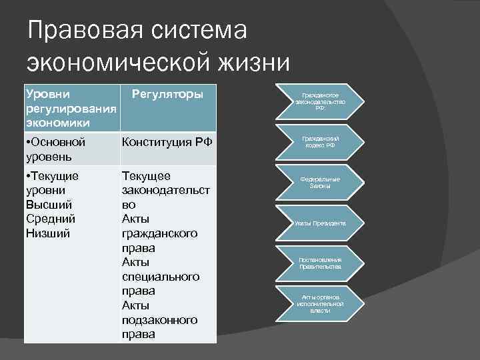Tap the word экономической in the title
109,63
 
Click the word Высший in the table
48,205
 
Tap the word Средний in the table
51,219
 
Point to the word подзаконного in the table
160,319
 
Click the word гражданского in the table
160,233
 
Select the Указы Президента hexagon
320,223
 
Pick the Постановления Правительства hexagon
320,263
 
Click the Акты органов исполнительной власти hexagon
320,303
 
